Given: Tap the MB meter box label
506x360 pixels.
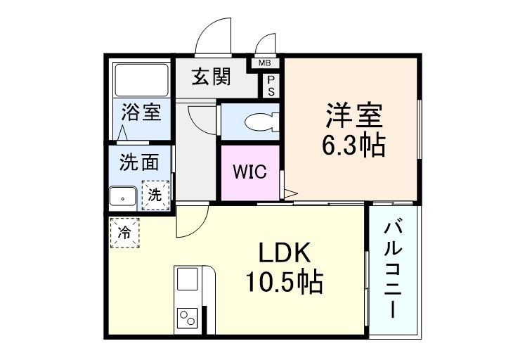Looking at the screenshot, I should pyautogui.click(x=265, y=63).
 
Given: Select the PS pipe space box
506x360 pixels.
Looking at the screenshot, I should pyautogui.click(x=271, y=85).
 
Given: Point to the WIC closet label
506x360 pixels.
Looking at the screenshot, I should pyautogui.click(x=250, y=172).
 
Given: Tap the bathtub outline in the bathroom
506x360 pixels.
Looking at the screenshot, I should pyautogui.click(x=141, y=81).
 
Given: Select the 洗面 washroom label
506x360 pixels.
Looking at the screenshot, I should pyautogui.click(x=138, y=162).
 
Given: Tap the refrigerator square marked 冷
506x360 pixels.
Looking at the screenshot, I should pyautogui.click(x=124, y=231).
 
